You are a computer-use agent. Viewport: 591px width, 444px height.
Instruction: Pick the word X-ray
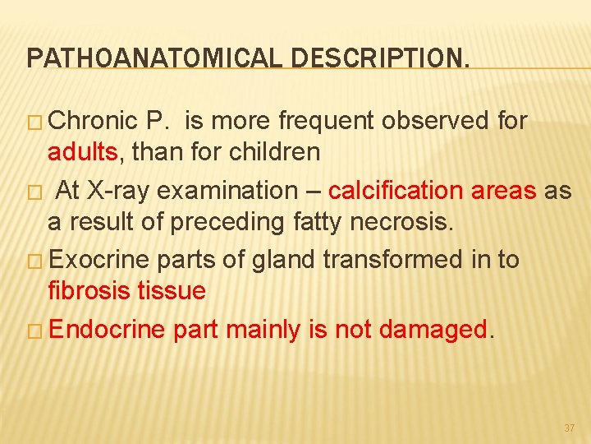111,191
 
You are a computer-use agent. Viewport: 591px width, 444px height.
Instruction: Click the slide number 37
570,428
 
